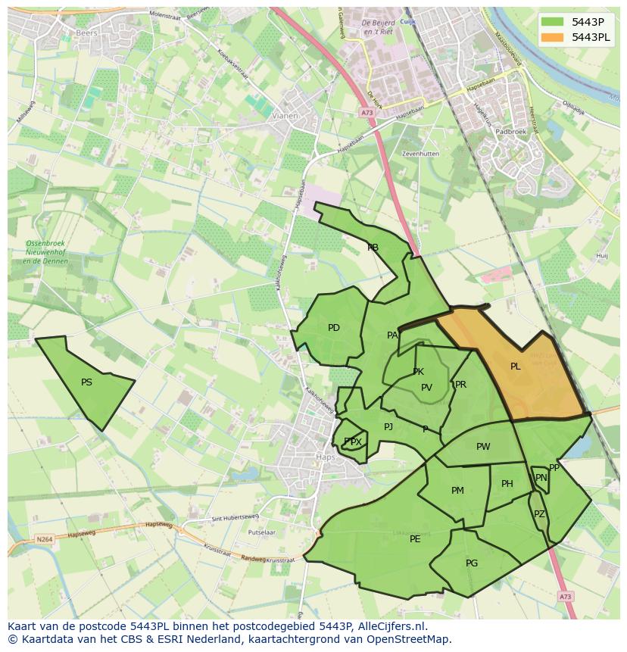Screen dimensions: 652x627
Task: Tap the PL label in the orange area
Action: [515, 367]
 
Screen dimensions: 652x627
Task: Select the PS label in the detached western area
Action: [86, 382]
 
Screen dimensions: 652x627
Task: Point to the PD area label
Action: [334, 328]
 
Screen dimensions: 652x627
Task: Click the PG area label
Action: [472, 563]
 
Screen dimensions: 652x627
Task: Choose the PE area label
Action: [415, 539]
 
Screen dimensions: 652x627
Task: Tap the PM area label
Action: [457, 491]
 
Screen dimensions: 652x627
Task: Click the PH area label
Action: [507, 484]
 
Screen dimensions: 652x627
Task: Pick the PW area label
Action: [483, 447]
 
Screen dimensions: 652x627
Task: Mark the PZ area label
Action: [539, 514]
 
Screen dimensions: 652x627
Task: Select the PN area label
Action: [541, 478]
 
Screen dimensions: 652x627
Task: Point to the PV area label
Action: [426, 388]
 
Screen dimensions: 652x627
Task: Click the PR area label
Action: [460, 385]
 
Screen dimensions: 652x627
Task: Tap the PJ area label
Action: [388, 427]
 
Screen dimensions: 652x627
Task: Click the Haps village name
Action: [324, 457]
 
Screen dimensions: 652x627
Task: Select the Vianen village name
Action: [285, 116]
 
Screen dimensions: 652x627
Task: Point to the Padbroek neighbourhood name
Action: [510, 132]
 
